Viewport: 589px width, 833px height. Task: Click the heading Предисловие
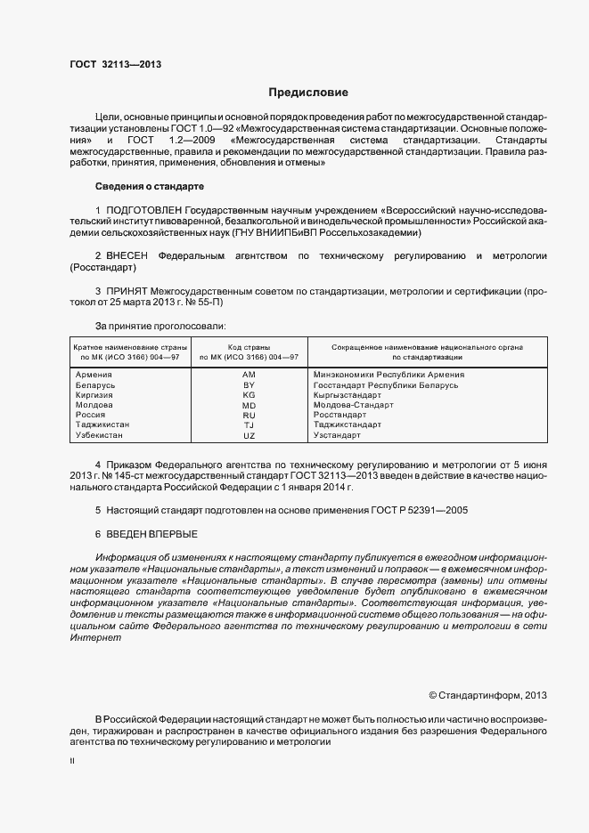[x=309, y=93]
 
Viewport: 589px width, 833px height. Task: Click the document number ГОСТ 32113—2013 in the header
[x=115, y=64]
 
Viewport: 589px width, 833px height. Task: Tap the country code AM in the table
[x=250, y=375]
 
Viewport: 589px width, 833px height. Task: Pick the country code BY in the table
[x=250, y=385]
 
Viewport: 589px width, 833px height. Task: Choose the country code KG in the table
[x=250, y=395]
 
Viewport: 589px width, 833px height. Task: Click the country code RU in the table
[x=250, y=415]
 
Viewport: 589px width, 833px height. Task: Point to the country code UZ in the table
[x=250, y=435]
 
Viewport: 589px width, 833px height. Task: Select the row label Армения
[x=94, y=375]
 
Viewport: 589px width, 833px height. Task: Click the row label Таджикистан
[x=103, y=425]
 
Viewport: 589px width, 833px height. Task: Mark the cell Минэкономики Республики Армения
[x=389, y=375]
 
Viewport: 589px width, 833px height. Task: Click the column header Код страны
[x=250, y=346]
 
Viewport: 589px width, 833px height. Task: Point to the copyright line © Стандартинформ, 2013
[x=487, y=695]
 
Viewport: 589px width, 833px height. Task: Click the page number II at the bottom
[x=72, y=762]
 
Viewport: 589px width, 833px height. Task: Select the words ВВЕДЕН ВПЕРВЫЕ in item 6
[x=151, y=533]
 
